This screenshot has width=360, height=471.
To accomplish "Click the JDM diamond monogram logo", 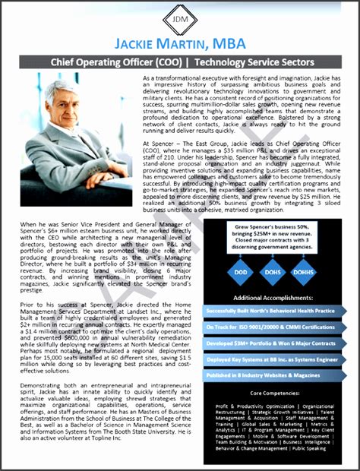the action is pos(179,18).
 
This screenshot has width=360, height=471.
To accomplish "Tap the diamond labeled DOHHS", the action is pos(302,272).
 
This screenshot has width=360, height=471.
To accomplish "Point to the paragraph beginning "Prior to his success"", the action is pos(102,337).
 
